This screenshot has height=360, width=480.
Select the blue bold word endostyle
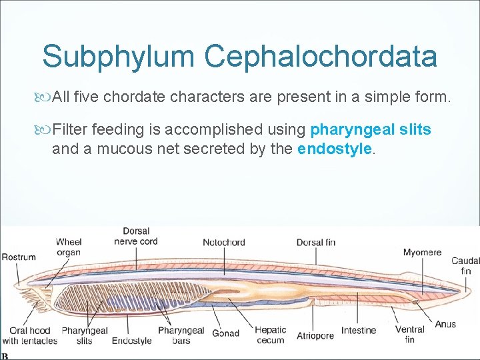pos(334,149)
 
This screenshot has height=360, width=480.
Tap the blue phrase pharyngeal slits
pos(371,129)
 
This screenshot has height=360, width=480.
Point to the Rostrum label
pos(19,257)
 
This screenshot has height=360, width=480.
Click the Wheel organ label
pos(69,247)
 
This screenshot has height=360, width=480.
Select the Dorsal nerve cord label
pos(135,237)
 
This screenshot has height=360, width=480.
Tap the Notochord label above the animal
pos(224,243)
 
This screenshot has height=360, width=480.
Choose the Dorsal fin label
pos(316,243)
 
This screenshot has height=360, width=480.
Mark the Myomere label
pos(422,253)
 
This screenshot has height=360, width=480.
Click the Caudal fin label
pos(465,266)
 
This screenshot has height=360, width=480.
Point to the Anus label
pos(445,325)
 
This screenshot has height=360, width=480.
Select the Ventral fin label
pos(409,335)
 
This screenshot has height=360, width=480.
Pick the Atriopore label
pos(315,335)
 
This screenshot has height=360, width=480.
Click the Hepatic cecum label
pos(270,335)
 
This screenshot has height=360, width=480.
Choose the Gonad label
pos(225,333)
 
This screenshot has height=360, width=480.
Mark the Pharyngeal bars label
pos(181,335)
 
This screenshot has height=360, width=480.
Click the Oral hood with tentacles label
pos(29,336)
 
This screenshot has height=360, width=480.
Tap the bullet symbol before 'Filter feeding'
pos(45,129)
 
